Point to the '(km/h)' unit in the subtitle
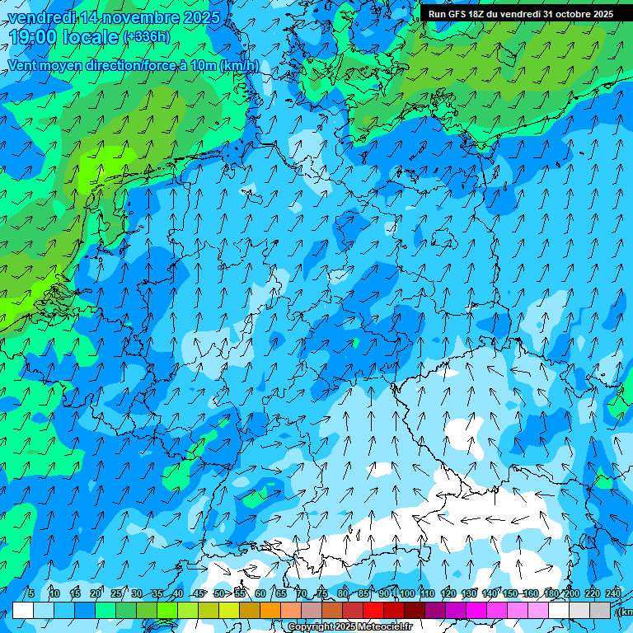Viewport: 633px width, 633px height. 239,65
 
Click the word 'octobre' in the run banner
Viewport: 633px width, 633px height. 577,14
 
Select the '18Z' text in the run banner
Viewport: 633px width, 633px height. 489,14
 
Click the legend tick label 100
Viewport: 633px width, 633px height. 406,593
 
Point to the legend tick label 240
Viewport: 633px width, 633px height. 612,593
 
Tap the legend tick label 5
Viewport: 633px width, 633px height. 31,593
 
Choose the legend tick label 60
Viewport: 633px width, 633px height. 260,593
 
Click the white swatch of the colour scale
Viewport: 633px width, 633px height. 23,610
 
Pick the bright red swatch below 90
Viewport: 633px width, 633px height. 373,610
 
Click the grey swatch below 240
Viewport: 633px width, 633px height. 600,610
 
